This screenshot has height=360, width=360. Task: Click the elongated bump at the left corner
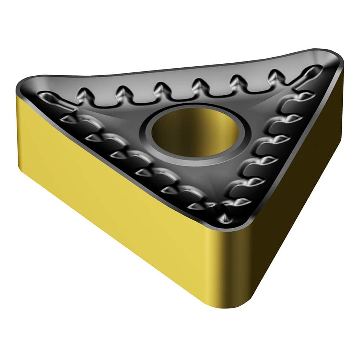tap(50, 97)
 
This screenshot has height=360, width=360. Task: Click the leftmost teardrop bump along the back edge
tap(85, 95)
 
